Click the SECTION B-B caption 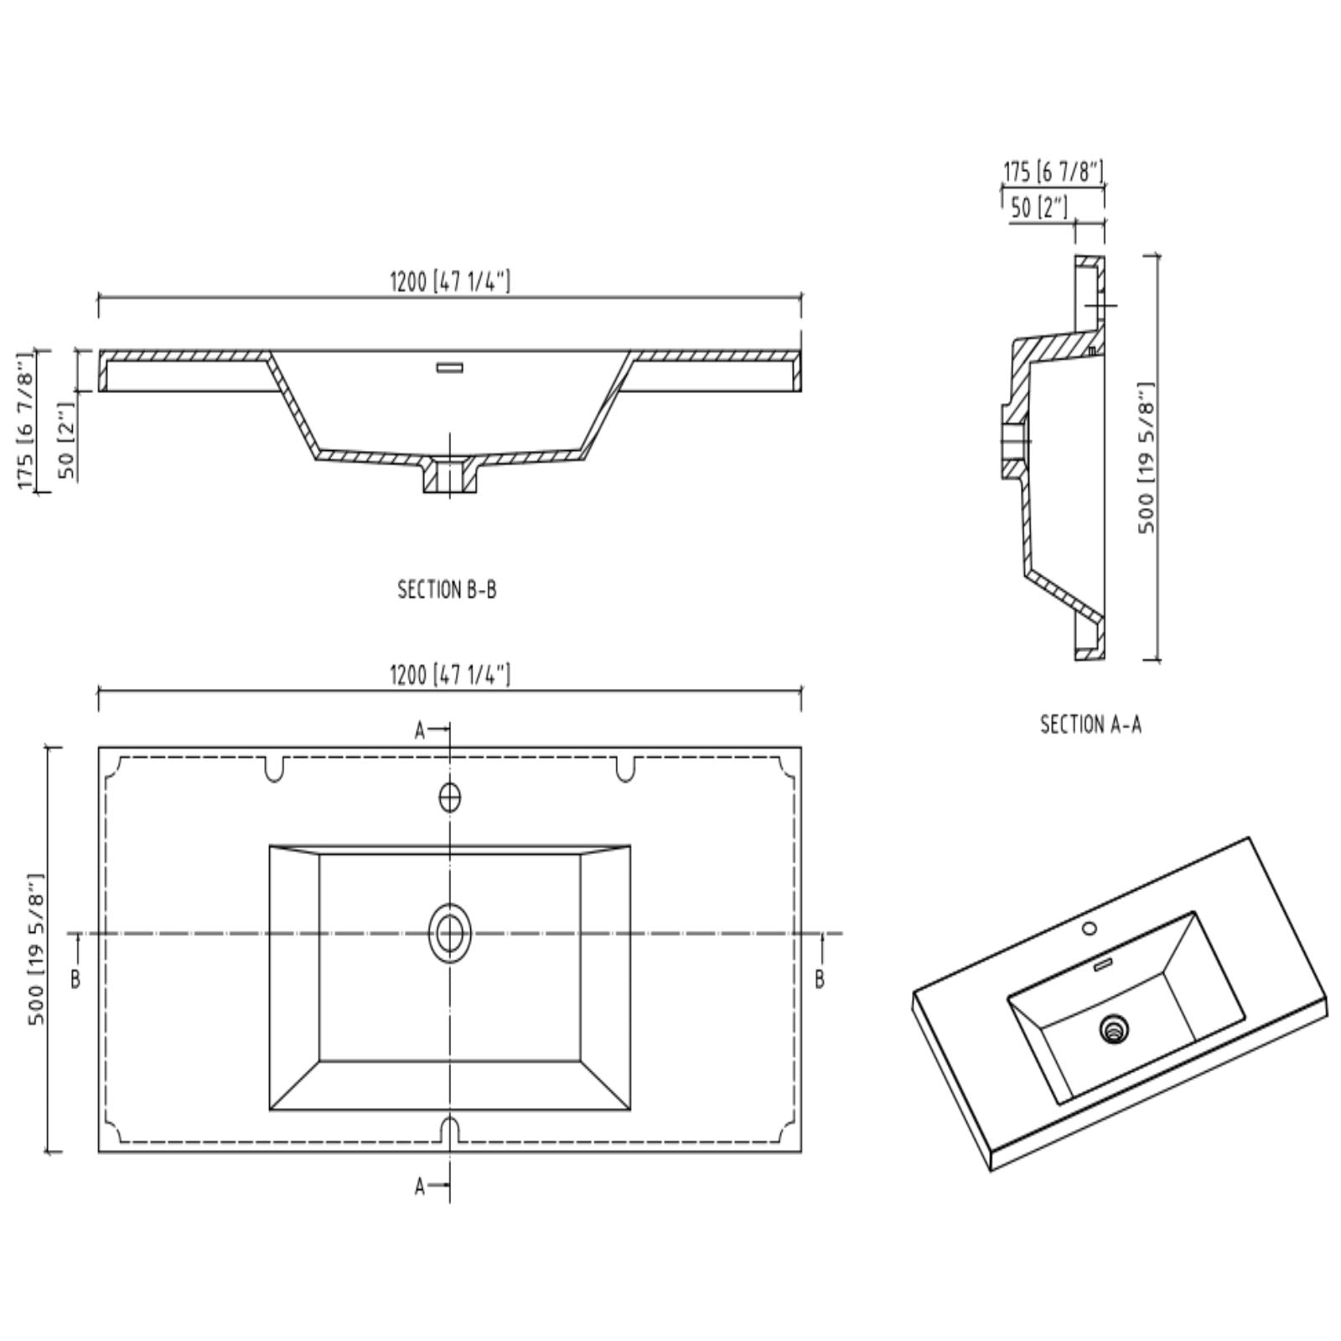click(447, 590)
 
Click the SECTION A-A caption click(1090, 724)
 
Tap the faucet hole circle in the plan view click(450, 797)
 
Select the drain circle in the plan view click(450, 933)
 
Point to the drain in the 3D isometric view click(1115, 1028)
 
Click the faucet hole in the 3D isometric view click(1090, 929)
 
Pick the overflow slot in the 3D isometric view click(1103, 966)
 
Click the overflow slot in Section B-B click(450, 367)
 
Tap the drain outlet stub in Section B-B click(450, 478)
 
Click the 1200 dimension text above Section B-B click(450, 282)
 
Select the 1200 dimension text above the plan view click(450, 675)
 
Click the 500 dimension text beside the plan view click(36, 949)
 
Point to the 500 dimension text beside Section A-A click(1147, 458)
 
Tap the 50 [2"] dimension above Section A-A click(1039, 207)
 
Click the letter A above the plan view click(421, 731)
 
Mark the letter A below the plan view click(421, 1186)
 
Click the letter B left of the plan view click(75, 979)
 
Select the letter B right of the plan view click(820, 979)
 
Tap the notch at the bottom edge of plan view click(450, 1128)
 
